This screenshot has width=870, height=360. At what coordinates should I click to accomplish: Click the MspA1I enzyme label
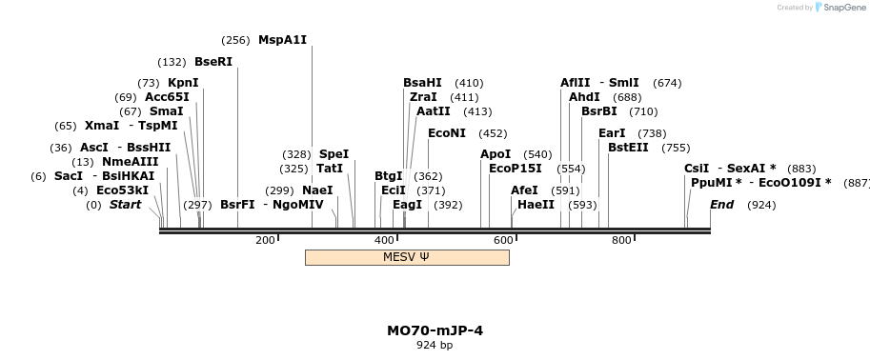point(282,40)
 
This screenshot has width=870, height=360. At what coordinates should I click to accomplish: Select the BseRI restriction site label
point(212,62)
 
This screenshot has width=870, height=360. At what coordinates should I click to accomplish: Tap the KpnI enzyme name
point(183,83)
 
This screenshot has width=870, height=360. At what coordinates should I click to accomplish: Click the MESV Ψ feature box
point(406,257)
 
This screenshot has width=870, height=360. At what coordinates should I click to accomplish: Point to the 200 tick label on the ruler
point(265,240)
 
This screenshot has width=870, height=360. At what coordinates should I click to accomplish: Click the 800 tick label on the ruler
point(621,240)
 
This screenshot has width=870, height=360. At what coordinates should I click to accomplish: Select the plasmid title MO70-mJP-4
point(435,330)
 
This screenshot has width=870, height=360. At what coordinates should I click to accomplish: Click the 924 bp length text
point(435,345)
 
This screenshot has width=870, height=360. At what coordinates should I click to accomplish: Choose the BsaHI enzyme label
point(422,83)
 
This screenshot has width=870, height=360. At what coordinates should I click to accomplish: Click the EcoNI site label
point(447,133)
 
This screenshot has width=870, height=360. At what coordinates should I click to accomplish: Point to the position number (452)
point(493,133)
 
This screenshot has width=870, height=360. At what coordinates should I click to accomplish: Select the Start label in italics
point(125,205)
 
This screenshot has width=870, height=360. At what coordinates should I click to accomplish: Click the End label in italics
point(722,205)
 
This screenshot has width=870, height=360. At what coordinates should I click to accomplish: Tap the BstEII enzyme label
point(628,148)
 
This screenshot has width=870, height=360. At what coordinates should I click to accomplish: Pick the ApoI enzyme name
point(496,154)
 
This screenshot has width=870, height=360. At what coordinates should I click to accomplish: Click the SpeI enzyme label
point(334,154)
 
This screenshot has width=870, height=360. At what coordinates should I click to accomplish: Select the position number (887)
point(857,183)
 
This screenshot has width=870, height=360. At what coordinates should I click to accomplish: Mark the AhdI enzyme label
point(584,97)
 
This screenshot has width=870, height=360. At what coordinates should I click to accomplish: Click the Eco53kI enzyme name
point(122,190)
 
